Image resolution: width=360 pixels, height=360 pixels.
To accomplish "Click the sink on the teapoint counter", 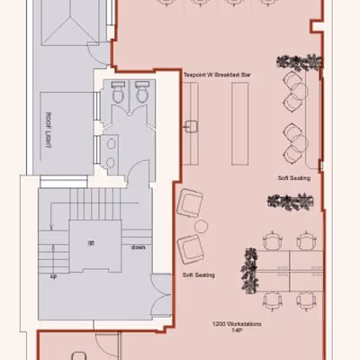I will pos(191,125).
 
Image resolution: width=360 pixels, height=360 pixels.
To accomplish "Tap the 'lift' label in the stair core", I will pos(91,244).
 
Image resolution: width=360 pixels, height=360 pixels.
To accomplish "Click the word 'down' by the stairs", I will pos(139,247).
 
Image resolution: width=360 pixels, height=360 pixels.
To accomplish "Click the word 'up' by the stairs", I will pos(53,276).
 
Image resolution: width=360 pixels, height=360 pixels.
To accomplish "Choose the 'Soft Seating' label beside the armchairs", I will pos(198,274).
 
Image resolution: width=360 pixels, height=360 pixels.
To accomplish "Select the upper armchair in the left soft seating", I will pos(192,204).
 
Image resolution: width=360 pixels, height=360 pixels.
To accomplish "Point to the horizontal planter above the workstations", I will pos(297,205).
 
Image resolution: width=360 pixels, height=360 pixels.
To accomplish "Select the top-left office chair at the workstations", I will pos(273,240).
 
